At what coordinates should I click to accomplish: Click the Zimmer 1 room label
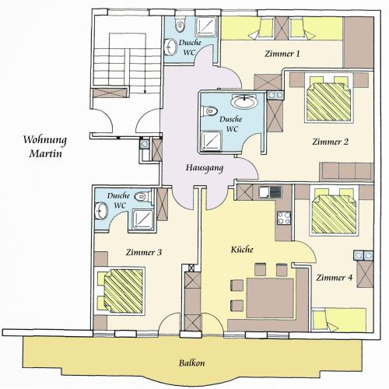pos(282,54)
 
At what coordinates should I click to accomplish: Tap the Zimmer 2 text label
pos(330,142)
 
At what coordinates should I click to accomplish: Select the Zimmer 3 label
pos(144,252)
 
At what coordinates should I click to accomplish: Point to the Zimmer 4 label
pos(335,278)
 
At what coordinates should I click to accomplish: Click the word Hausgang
pos(205,168)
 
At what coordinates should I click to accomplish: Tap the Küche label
pos(242,250)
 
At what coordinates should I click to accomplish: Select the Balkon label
pos(192,363)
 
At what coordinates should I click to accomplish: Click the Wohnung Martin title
pos(45,146)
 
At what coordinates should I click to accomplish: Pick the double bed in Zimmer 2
pos(328,99)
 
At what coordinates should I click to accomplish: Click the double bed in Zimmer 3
pos(121,291)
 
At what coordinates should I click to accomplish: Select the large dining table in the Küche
pos(270,298)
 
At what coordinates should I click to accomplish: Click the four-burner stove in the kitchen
pos(284,218)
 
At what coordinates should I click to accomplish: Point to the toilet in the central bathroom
pos(209,111)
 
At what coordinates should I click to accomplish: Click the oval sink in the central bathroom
pos(244,101)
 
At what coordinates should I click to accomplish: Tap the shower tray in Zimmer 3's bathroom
pos(143,220)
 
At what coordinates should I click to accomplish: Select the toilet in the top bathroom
pos(180,24)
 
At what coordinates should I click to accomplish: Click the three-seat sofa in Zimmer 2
pos(346,171)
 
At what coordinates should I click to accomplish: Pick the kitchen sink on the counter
pos(265,192)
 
